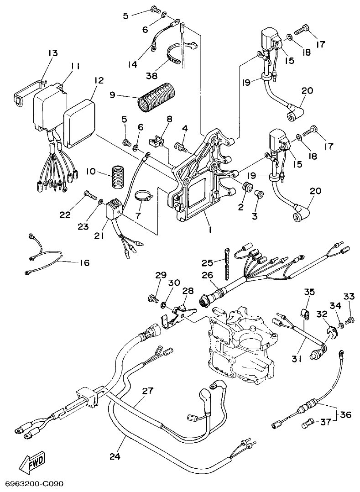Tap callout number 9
[113, 96]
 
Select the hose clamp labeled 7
[143, 198]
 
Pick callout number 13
[53, 53]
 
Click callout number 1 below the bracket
[209, 230]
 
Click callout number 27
[147, 391]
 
